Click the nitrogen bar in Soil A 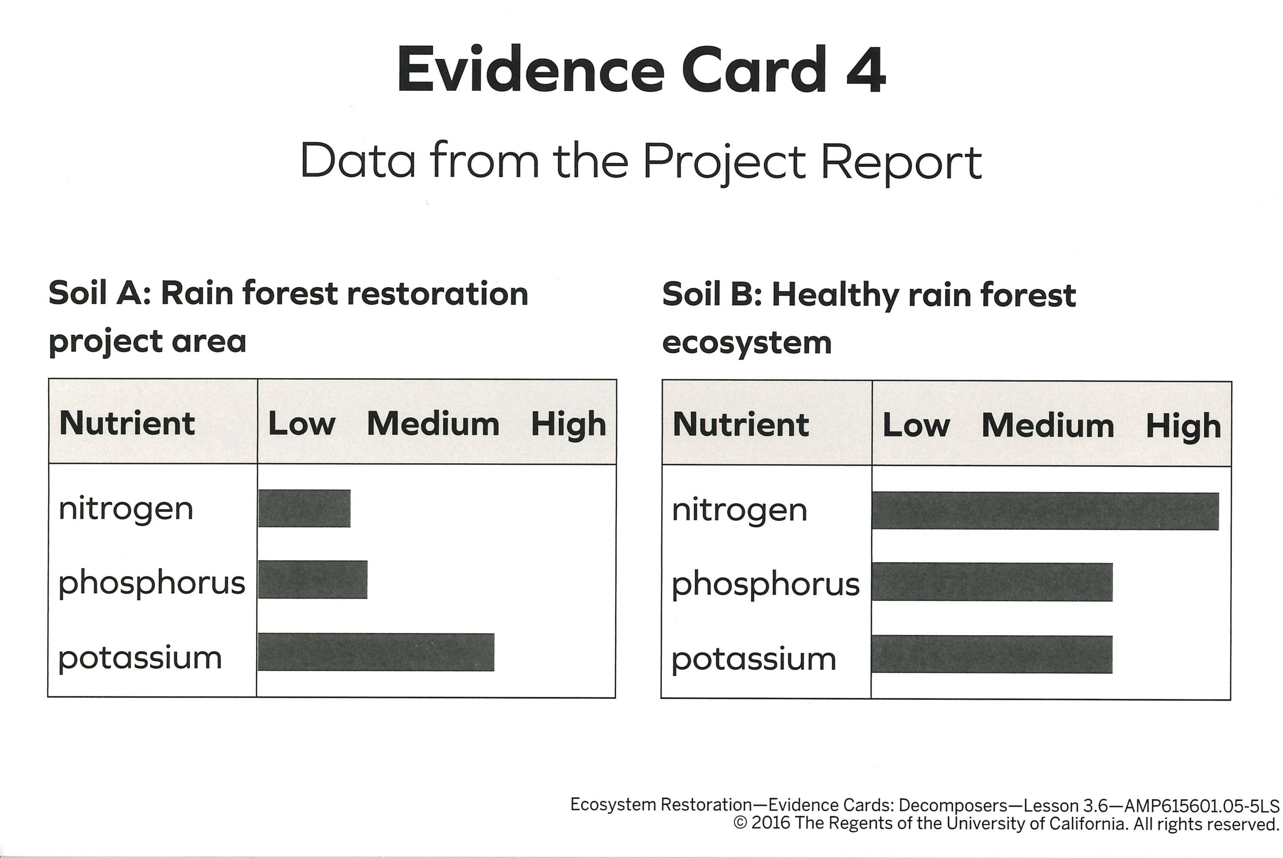[x=304, y=508]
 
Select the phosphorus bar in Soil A [x=312, y=579]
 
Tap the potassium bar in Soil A [x=376, y=652]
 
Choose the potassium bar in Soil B [x=992, y=654]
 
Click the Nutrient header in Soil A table [x=127, y=423]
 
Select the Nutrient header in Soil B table [x=741, y=425]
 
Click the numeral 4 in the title [x=866, y=70]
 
